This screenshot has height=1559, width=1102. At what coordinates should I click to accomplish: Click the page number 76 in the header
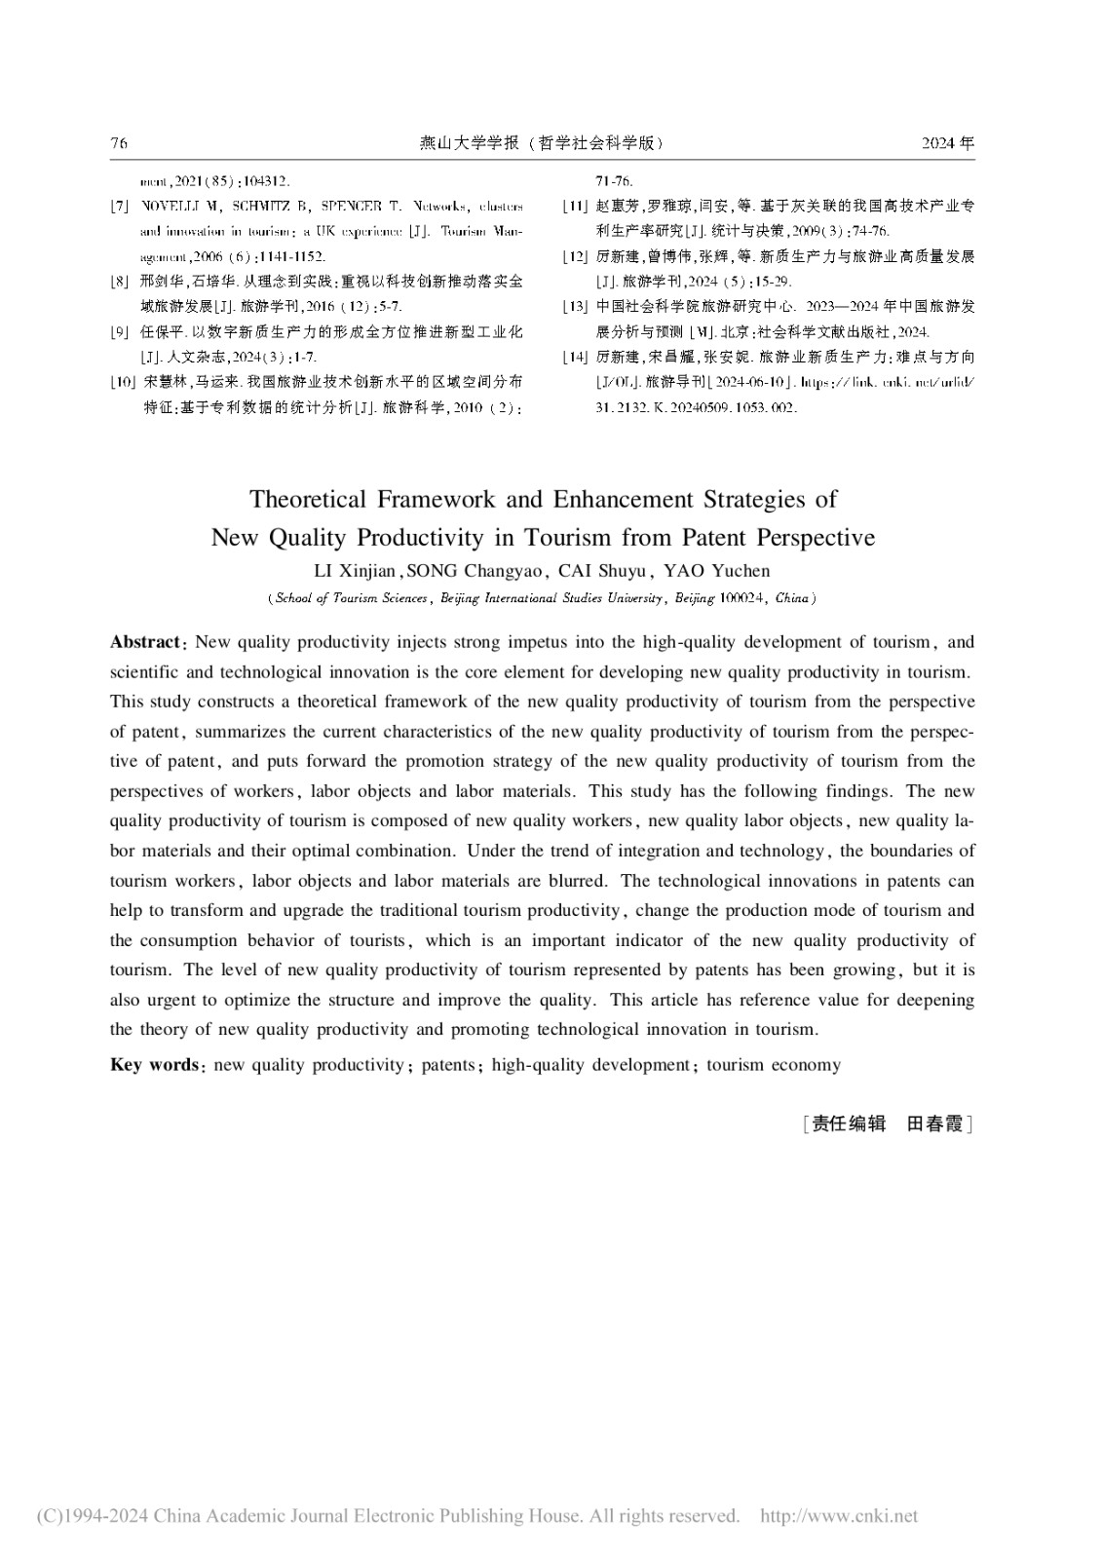pos(119,143)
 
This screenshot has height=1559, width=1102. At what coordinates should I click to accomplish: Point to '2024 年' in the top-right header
pos(947,143)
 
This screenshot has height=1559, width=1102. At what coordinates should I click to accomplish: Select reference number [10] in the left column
pos(122,381)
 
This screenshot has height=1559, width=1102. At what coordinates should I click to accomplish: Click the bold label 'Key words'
pos(154,1065)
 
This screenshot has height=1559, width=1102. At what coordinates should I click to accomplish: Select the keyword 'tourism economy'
pos(774,1065)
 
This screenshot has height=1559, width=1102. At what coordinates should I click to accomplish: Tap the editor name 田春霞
pos(934,1123)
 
